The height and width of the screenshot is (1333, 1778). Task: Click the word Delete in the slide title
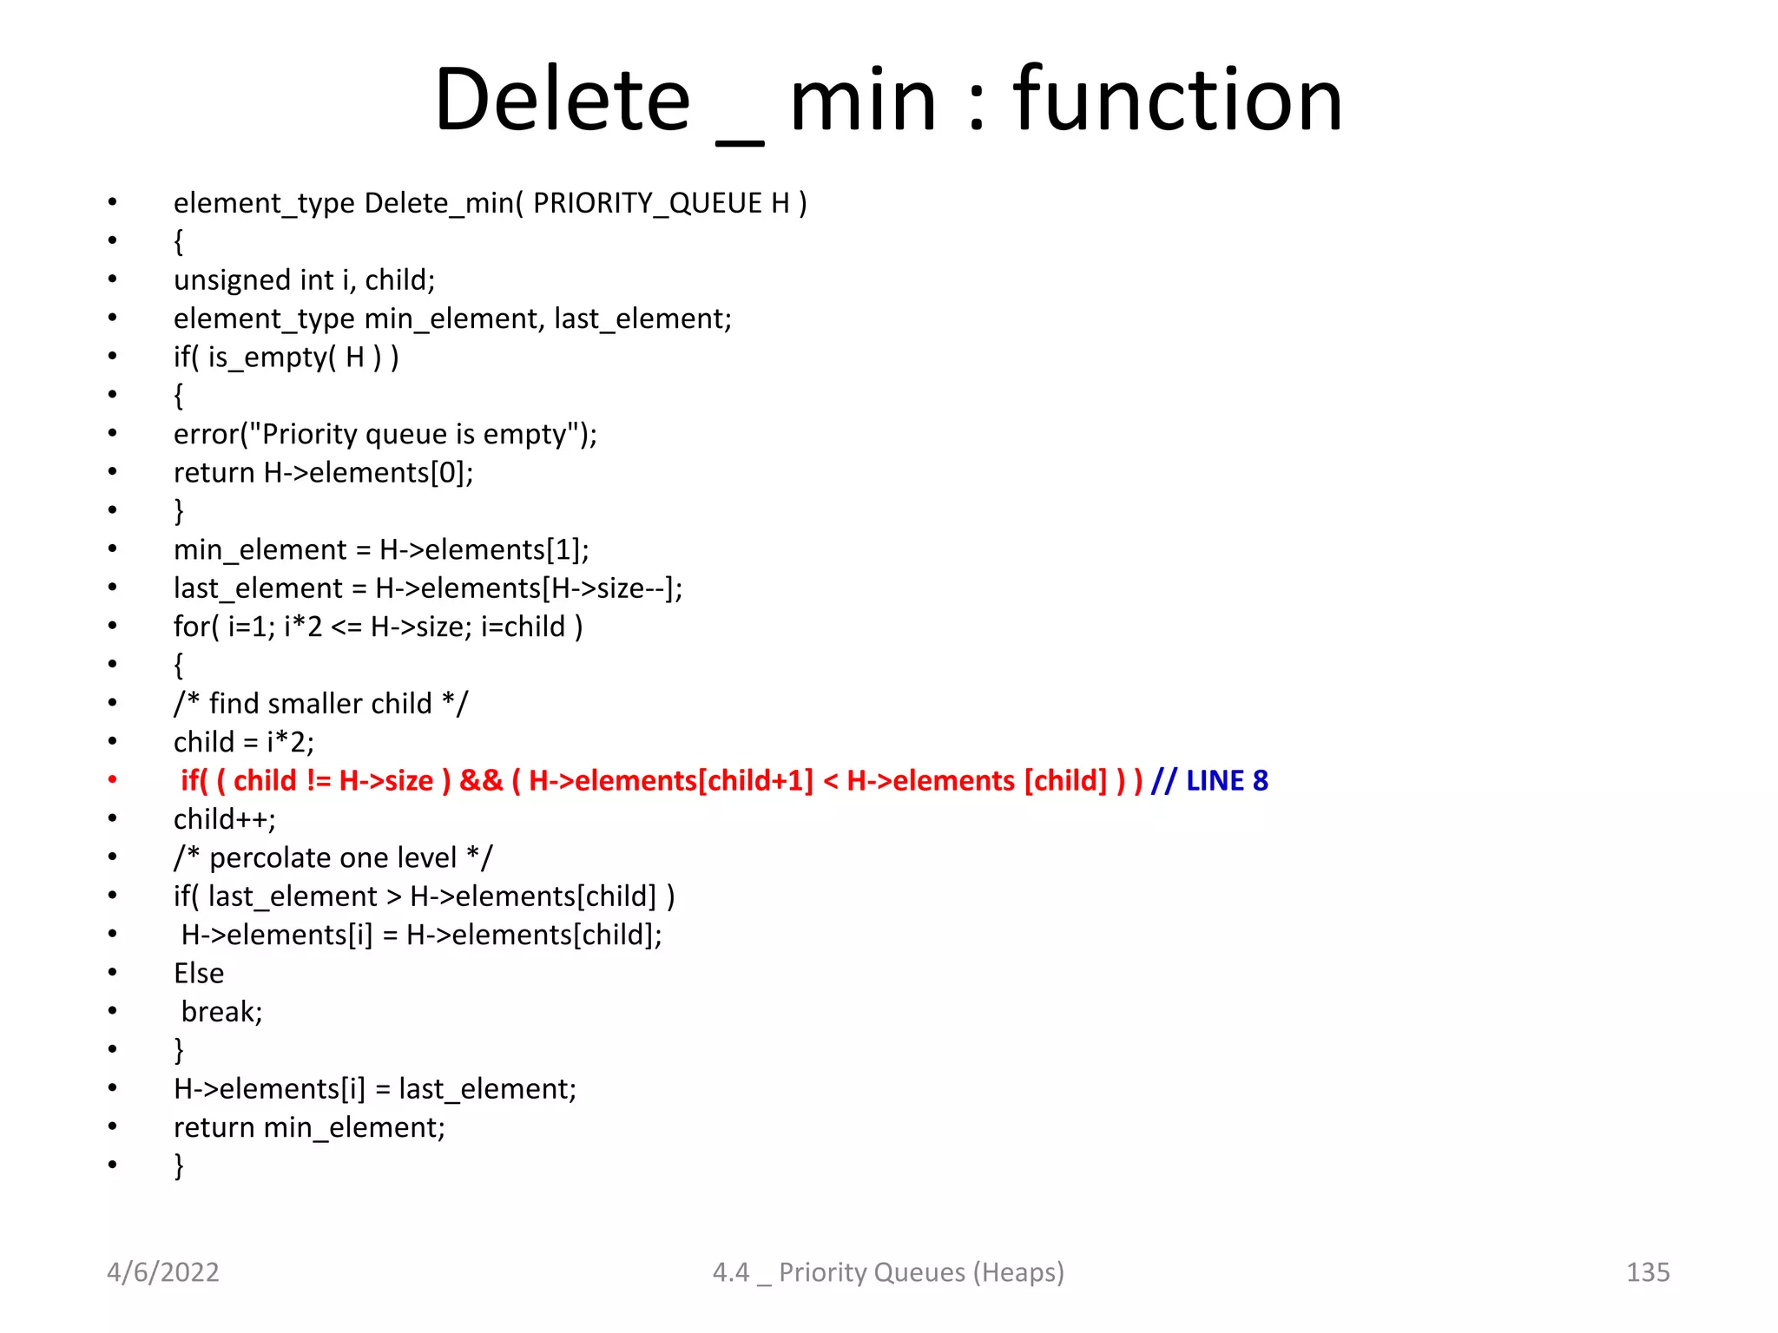pyautogui.click(x=563, y=100)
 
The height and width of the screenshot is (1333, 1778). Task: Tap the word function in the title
pyautogui.click(x=1177, y=100)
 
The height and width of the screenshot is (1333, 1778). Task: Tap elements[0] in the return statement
pyautogui.click(x=391, y=473)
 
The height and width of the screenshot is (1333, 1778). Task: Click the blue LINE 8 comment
pyautogui.click(x=1227, y=781)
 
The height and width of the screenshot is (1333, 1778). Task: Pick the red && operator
pyautogui.click(x=481, y=781)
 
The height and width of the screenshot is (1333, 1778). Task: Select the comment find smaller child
pyautogui.click(x=320, y=704)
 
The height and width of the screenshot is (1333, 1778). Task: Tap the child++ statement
pyautogui.click(x=224, y=819)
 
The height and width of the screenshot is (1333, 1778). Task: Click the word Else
pyautogui.click(x=199, y=974)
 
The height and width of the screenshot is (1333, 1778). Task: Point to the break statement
pyautogui.click(x=221, y=1012)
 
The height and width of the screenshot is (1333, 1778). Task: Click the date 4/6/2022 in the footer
pyautogui.click(x=163, y=1272)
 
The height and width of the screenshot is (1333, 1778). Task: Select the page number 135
pyautogui.click(x=1647, y=1272)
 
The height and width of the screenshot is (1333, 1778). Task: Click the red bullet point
pyautogui.click(x=112, y=780)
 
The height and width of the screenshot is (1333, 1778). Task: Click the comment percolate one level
pyautogui.click(x=333, y=858)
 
